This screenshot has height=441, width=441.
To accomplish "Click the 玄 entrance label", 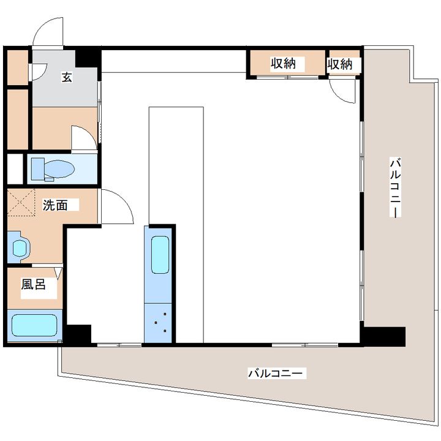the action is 67,77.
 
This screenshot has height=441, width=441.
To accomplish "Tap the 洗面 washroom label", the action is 55,205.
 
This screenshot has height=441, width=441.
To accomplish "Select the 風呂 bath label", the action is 34,284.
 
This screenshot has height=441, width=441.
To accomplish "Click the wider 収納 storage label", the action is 283,64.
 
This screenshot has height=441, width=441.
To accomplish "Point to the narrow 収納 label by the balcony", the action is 339,64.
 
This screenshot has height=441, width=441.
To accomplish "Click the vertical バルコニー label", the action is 395,187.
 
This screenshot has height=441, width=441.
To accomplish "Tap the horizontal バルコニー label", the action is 275,374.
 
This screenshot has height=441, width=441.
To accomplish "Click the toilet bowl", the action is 59,169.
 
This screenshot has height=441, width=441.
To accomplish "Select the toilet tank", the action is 38,169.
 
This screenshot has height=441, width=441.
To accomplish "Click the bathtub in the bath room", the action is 34,325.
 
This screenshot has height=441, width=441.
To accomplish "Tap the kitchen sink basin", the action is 160,255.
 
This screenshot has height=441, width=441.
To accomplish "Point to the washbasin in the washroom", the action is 20,248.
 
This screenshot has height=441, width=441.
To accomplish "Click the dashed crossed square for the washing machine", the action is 21,203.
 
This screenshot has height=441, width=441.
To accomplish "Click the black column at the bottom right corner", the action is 383,336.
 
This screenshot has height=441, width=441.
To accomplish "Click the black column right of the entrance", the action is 88,58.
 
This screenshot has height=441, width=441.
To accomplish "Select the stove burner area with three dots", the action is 158,323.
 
